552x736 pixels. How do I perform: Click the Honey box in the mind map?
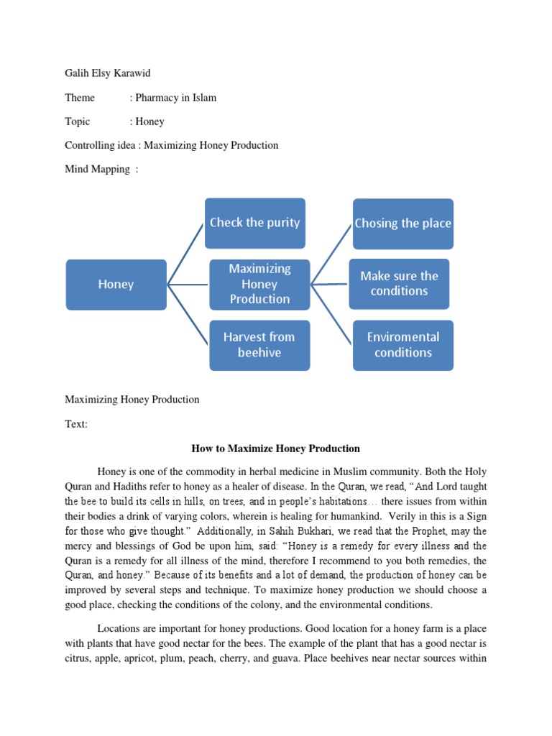(x=116, y=285)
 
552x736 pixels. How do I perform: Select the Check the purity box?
(x=255, y=223)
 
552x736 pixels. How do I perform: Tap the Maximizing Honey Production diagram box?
(x=259, y=284)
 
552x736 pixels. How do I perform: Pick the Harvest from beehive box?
(x=259, y=345)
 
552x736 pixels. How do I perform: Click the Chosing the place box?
(x=403, y=224)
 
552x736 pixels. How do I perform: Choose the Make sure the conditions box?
(x=399, y=284)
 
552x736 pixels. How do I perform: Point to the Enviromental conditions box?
(x=403, y=345)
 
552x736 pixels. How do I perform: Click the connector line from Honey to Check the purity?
(x=186, y=253)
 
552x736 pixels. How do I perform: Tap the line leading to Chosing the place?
(x=331, y=253)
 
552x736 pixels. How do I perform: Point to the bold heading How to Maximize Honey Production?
(x=275, y=448)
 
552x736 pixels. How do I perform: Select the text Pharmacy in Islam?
(x=172, y=98)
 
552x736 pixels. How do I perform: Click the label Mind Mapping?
(x=98, y=169)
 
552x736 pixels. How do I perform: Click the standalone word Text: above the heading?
(x=76, y=424)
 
